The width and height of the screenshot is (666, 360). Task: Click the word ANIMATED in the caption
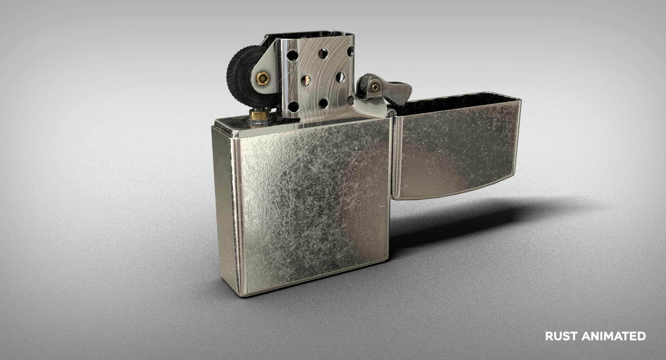(x=614, y=336)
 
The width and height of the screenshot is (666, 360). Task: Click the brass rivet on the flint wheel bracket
(x=263, y=78)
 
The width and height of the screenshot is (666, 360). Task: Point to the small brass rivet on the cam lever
(x=375, y=87)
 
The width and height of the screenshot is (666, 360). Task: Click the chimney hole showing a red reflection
(x=306, y=80)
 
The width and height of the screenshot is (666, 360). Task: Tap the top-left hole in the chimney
(x=292, y=55)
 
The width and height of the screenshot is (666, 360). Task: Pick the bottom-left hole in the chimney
(x=293, y=106)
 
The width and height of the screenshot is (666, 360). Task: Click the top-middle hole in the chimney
(x=323, y=53)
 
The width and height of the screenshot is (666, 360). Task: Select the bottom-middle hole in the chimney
(x=323, y=103)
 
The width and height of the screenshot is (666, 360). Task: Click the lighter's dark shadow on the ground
(x=486, y=218)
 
